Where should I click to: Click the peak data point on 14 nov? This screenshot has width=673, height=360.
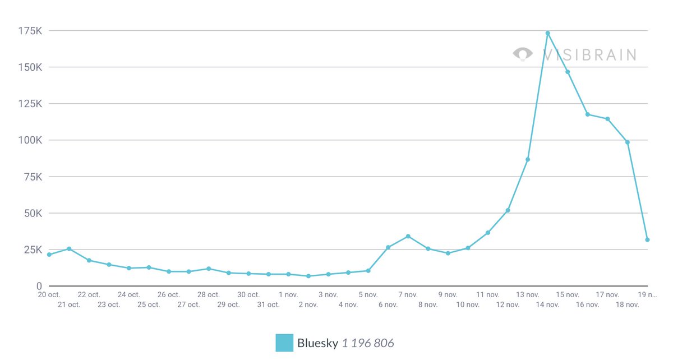547,33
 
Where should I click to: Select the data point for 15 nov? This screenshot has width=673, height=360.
568,72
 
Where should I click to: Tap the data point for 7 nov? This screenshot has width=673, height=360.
408,236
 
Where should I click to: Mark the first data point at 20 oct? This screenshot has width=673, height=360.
49,255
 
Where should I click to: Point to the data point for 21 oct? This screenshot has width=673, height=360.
69,248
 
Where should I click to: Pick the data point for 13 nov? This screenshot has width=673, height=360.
528,159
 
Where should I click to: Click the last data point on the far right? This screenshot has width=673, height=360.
647,239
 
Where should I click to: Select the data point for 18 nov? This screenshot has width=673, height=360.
628,142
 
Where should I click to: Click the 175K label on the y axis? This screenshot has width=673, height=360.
30,31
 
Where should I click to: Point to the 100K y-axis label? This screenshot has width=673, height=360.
30,140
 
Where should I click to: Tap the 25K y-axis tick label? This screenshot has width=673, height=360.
33,250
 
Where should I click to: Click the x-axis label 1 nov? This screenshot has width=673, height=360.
288,294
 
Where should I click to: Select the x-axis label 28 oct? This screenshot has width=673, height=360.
209,294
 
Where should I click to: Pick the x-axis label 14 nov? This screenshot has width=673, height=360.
547,304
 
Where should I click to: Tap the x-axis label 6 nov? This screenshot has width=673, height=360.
388,304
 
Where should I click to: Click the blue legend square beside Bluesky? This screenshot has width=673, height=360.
284,343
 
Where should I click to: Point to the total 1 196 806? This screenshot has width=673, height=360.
368,343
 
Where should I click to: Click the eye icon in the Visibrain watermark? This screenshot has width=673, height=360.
523,54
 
